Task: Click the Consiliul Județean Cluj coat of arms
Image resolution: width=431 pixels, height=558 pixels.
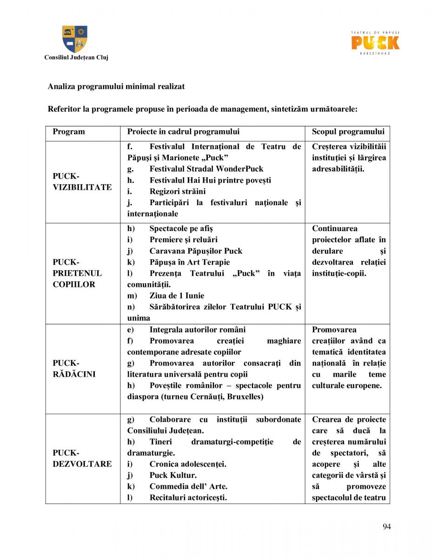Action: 75,39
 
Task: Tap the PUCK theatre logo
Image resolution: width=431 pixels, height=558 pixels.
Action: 375,42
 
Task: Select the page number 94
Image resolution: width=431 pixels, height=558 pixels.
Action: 386,526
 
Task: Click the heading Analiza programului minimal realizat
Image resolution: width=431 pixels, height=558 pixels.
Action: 116,86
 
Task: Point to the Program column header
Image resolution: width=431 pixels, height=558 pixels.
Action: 69,132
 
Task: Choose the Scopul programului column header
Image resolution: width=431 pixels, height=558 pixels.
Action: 348,132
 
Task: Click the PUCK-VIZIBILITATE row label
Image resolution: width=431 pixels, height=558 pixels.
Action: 82,182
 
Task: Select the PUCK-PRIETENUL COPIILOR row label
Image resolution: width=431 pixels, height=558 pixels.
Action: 77,273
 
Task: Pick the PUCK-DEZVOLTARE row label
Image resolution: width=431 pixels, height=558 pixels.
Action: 82,458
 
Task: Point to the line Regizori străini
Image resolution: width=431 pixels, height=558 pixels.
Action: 178,192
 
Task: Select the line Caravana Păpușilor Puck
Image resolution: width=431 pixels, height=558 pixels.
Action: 196,251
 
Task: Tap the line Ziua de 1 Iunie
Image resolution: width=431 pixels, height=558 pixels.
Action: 177,296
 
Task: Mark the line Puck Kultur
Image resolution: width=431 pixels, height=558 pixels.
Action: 173,475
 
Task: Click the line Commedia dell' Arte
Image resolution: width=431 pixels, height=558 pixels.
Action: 188,486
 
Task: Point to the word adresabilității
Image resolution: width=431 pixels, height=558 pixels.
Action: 338,169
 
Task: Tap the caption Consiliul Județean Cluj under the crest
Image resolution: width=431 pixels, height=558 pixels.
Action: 75,58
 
